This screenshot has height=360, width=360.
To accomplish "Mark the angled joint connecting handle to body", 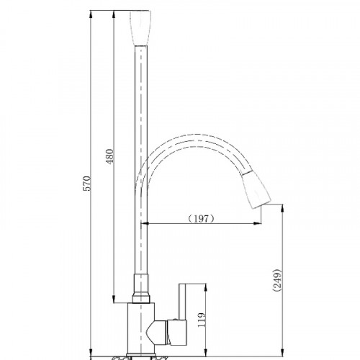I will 160,333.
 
